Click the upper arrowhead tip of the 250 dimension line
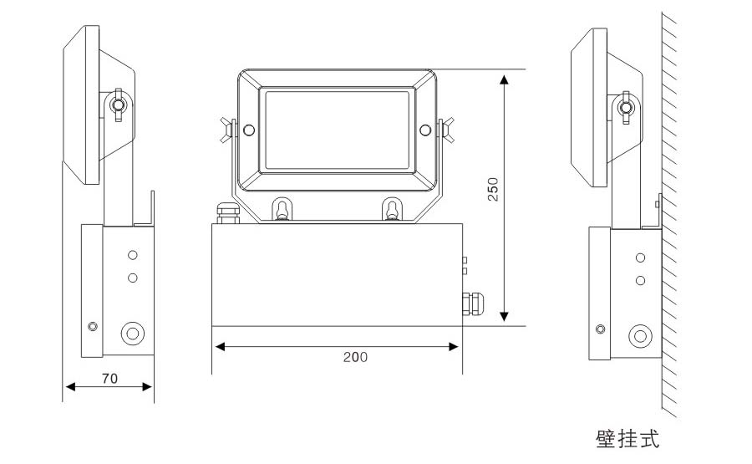[504, 74]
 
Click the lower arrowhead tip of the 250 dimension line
[504, 321]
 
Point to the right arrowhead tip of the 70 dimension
[152, 386]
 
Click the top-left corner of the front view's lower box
[212, 223]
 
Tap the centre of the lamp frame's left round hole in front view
[249, 130]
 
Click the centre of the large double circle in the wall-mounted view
[640, 335]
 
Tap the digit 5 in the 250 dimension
[493, 190]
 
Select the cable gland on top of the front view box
[228, 213]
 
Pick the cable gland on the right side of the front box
[472, 303]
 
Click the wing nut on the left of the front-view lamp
[227, 130]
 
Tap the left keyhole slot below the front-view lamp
[282, 209]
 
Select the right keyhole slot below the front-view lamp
[392, 209]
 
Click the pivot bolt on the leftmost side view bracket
[117, 105]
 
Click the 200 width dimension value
[355, 357]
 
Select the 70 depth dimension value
[109, 379]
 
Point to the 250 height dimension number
[493, 190]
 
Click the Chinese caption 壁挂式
[628, 439]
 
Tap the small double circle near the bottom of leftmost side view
[93, 327]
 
